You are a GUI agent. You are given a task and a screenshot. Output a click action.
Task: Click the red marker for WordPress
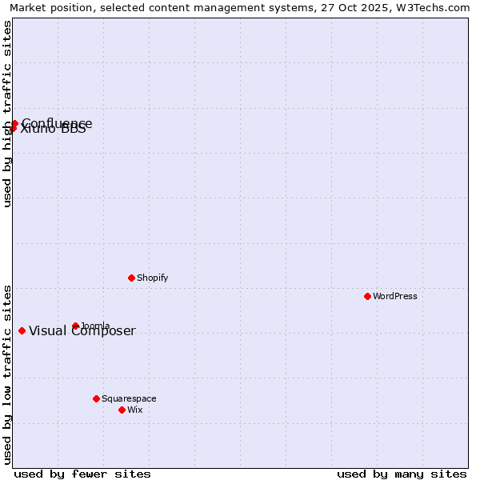pyautogui.click(x=367, y=296)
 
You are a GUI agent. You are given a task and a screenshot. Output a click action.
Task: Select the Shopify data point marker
pyautogui.click(x=131, y=278)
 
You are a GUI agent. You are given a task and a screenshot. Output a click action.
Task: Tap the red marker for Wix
pyautogui.click(x=122, y=410)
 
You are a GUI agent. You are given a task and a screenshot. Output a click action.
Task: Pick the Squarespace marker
pyautogui.click(x=96, y=398)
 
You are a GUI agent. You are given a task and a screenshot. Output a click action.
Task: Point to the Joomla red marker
pyautogui.click(x=75, y=326)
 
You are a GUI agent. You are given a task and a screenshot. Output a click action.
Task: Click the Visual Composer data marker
pyautogui.click(x=22, y=330)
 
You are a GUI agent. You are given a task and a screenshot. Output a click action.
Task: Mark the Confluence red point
pyautogui.click(x=14, y=123)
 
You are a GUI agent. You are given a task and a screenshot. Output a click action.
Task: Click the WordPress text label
pyautogui.click(x=395, y=296)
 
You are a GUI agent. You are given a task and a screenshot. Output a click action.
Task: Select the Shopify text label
pyautogui.click(x=152, y=278)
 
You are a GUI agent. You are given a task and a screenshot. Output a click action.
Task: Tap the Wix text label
pyautogui.click(x=134, y=410)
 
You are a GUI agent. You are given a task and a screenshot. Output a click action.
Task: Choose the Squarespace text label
pyautogui.click(x=129, y=398)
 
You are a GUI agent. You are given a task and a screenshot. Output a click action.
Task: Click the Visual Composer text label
pyautogui.click(x=82, y=331)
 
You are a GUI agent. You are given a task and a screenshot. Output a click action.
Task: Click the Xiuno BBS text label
pyautogui.click(x=53, y=130)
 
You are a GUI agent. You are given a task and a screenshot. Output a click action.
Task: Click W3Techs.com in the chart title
pyautogui.click(x=431, y=8)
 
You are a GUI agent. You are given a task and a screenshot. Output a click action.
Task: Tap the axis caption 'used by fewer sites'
pyautogui.click(x=82, y=474)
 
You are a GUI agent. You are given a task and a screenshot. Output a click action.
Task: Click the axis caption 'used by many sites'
pyautogui.click(x=402, y=474)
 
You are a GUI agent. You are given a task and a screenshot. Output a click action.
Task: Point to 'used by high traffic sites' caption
pyautogui.click(x=7, y=114)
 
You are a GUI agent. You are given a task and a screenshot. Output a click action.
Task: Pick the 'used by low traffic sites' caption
pyautogui.click(x=7, y=374)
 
